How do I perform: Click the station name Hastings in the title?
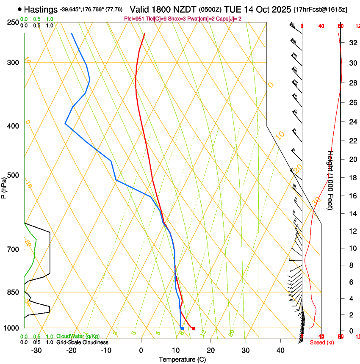click(41, 9)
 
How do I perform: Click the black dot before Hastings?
click(19, 9)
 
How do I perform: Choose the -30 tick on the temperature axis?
click(36, 350)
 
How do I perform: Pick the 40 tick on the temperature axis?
click(280, 350)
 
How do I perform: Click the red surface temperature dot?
click(194, 328)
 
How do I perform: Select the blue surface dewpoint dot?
click(183, 328)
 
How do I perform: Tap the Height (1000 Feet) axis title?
click(331, 180)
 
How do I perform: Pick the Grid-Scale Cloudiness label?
click(82, 342)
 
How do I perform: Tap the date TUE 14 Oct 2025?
click(258, 9)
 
